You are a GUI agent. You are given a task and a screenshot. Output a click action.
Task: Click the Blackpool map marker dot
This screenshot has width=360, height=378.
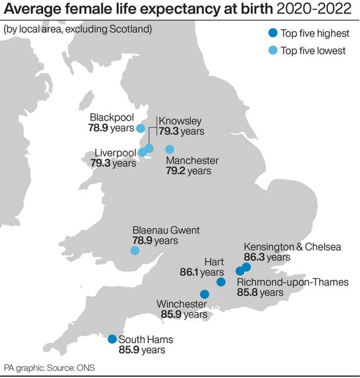point(141,128)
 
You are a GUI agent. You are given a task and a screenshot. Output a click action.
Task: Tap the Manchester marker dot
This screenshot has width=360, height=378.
point(170,150)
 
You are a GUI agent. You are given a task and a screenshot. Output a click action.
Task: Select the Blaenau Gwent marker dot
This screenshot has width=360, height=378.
point(135,250)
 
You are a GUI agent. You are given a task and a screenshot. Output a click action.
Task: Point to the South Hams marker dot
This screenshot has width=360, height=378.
point(112,339)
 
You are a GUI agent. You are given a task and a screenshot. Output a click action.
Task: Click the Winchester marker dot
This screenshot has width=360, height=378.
point(205,294)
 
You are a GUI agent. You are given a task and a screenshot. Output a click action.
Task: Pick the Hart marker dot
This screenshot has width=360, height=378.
point(221,282)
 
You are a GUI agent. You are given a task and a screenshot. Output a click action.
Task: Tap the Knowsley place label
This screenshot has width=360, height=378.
point(180,119)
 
